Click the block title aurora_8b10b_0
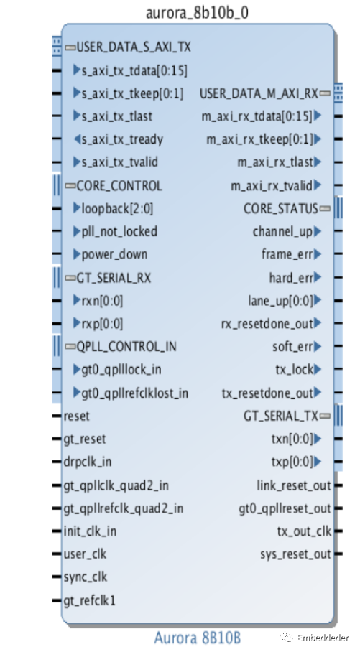click(198, 13)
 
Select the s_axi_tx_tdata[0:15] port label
click(134, 70)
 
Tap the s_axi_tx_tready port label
click(122, 140)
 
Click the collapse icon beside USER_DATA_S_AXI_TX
click(70, 48)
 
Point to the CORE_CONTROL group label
click(119, 186)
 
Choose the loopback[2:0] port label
click(117, 208)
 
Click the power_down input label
click(114, 254)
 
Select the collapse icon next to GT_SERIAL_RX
click(70, 278)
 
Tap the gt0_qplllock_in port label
click(121, 370)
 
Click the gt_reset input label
click(85, 439)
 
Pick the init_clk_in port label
click(90, 531)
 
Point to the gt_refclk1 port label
click(90, 601)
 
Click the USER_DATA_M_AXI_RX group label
click(259, 93)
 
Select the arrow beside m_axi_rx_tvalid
click(318, 185)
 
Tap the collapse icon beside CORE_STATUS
click(326, 208)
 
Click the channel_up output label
click(282, 232)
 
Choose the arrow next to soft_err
click(318, 346)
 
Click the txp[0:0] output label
click(292, 462)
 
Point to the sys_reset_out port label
click(296, 554)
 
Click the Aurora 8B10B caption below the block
click(198, 638)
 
